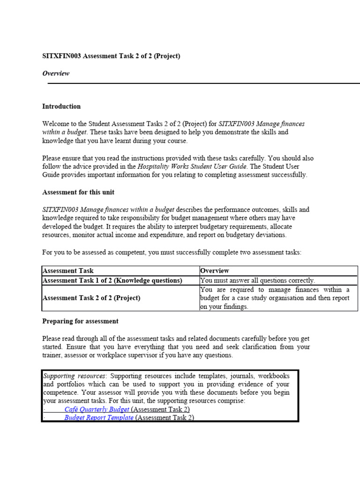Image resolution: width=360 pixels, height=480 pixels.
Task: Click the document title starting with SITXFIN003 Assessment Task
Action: tap(111, 56)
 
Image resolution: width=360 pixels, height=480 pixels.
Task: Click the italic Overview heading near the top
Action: tap(56, 73)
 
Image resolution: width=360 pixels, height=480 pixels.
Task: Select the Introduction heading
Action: tap(61, 106)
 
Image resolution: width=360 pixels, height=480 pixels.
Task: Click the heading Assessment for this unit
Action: tap(78, 192)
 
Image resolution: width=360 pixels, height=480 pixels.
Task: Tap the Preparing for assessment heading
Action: tap(80, 321)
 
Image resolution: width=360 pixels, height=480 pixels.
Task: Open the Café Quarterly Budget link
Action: tap(97, 409)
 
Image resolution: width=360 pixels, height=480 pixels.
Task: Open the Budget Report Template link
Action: tap(99, 417)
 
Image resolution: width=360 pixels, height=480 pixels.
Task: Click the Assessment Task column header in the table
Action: tap(68, 270)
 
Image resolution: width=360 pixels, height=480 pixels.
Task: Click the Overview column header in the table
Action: tap(215, 270)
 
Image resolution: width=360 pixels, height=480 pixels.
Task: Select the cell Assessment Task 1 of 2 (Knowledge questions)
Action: tap(112, 280)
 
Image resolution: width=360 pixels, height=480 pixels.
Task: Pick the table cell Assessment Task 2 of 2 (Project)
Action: tap(91, 298)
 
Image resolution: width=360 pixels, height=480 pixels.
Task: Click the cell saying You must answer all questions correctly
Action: tap(257, 280)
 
